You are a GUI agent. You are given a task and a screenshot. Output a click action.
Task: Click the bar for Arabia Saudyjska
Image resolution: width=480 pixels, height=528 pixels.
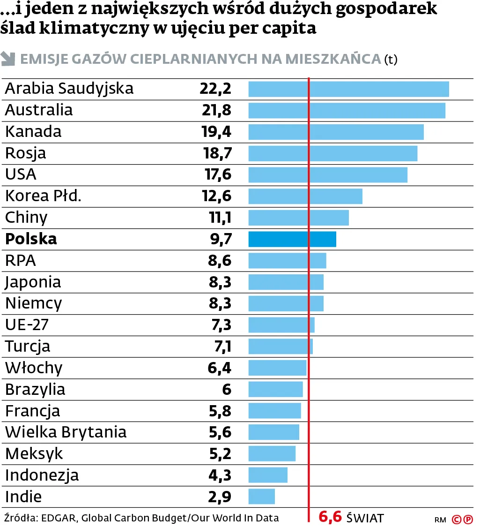[x=348, y=89]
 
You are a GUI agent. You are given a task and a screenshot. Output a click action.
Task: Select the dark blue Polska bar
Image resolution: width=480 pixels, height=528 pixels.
[x=292, y=239]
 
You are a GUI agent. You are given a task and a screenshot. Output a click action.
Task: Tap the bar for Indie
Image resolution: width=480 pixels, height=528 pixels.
[x=261, y=496]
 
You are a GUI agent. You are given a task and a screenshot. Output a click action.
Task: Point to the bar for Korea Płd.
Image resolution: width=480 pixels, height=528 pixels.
[x=305, y=196]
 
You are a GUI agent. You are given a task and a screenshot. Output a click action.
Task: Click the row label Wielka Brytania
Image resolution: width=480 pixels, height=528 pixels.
[x=66, y=432]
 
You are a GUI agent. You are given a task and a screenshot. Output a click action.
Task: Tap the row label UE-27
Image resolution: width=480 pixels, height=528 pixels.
[x=27, y=325]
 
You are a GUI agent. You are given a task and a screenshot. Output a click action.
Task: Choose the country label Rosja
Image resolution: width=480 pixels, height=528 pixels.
[x=26, y=153]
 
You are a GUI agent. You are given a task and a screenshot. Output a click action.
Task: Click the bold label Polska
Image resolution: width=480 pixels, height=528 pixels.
[x=31, y=239]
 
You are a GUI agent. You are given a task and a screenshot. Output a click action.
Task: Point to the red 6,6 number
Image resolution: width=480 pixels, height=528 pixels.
[x=330, y=517]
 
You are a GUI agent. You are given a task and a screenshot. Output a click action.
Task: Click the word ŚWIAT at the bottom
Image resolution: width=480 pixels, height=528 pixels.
[x=365, y=518]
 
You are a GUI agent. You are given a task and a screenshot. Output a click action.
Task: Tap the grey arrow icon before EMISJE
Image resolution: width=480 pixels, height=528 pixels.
[x=8, y=59]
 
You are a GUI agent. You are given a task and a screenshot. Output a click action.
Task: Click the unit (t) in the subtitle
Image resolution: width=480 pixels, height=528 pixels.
[x=390, y=60]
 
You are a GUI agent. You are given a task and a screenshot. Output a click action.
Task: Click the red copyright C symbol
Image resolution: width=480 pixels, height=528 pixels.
[x=456, y=519]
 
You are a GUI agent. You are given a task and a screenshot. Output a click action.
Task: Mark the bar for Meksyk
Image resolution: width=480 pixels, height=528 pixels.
[x=272, y=453]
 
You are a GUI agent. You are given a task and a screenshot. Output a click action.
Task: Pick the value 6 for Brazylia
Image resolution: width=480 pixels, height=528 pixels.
[x=227, y=389]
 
